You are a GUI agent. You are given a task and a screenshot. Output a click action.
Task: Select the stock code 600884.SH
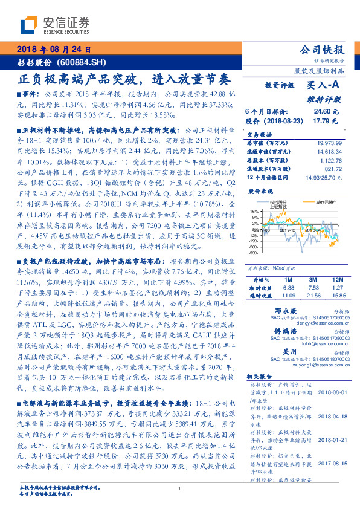click(x=88, y=62)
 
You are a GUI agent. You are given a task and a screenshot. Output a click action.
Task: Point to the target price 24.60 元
click(x=322, y=112)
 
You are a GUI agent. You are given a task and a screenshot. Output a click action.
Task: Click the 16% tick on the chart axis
click(x=254, y=211)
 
